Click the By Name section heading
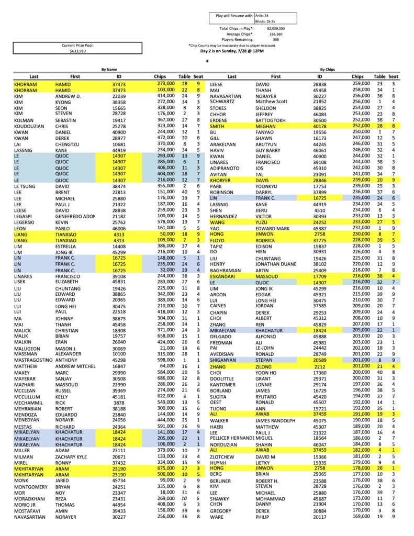[109, 69]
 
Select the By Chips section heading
[328, 69]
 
